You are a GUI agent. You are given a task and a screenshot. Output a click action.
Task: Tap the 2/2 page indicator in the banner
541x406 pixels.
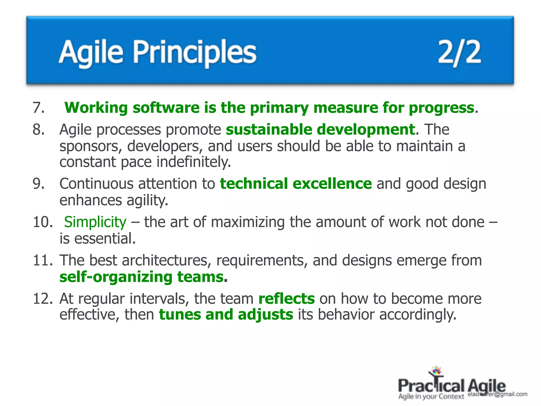(x=459, y=52)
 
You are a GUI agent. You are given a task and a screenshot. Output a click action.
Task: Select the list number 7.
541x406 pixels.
(x=39, y=108)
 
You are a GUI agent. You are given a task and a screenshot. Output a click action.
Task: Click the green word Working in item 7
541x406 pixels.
(x=96, y=108)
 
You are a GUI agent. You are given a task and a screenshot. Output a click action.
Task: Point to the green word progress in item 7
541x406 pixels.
(x=441, y=108)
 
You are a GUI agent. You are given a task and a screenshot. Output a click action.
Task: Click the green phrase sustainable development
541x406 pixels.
(x=320, y=130)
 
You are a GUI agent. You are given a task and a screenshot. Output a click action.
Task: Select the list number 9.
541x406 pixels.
(x=39, y=184)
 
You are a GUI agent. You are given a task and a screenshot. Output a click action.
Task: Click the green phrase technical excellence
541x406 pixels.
(x=296, y=184)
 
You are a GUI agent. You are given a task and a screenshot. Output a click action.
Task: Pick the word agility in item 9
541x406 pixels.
(x=147, y=200)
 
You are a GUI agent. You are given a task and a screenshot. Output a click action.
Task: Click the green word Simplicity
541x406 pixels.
(x=95, y=222)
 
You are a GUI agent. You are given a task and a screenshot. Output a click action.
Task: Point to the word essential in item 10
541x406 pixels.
(x=105, y=238)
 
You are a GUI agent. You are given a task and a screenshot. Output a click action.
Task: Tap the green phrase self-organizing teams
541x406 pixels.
(x=142, y=277)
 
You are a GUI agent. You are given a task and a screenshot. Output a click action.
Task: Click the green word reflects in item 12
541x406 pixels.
(x=287, y=299)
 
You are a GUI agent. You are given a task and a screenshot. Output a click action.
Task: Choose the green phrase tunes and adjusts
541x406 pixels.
(x=226, y=315)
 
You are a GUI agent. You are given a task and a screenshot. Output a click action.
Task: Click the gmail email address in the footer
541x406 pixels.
(x=497, y=394)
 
